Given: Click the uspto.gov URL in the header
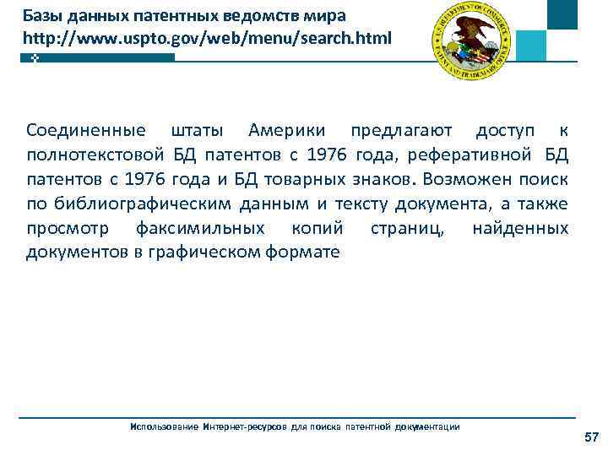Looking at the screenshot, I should [x=207, y=38].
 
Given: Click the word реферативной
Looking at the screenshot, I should [x=470, y=155].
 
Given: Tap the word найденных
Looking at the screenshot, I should [x=520, y=229].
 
